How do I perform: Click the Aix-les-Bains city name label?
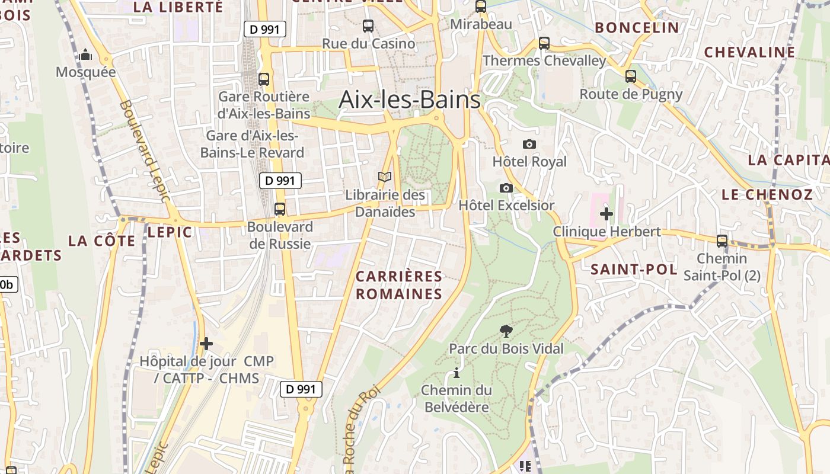tap(409, 100)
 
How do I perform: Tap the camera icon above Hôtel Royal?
tap(529, 144)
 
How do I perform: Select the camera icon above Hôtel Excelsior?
tap(506, 188)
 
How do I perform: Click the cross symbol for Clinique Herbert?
tap(606, 213)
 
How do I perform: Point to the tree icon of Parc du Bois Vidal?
tap(506, 331)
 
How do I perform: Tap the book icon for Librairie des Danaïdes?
tap(385, 177)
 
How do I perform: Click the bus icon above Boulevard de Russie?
tap(279, 209)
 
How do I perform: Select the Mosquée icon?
tap(85, 55)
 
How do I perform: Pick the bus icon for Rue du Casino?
tap(368, 26)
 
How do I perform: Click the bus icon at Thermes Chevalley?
tap(544, 43)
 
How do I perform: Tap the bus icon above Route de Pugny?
tap(630, 76)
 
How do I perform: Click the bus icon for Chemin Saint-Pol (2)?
tap(722, 241)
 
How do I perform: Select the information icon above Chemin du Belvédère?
tap(456, 373)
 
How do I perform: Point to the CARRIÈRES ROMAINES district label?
tap(399, 285)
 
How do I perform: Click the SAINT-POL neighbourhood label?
tap(634, 270)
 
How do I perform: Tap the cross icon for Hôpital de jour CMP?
tap(206, 344)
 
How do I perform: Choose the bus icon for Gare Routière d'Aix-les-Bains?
tap(264, 79)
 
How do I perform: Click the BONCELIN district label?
tap(637, 27)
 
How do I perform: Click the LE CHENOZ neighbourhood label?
tap(767, 194)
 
